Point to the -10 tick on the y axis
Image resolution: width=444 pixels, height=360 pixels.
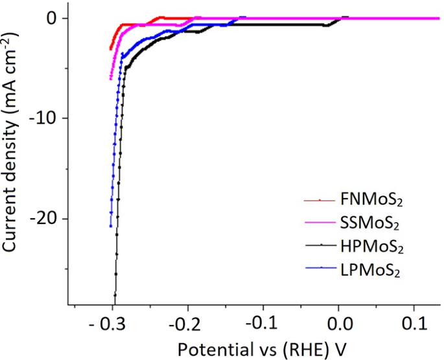coord(47,118)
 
